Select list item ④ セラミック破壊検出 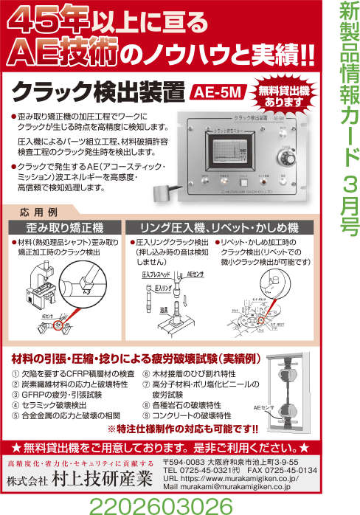pyautogui.click(x=52, y=405)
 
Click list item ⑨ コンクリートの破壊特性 pyautogui.click(x=181, y=415)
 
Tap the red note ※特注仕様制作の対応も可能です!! pyautogui.click(x=181, y=428)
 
